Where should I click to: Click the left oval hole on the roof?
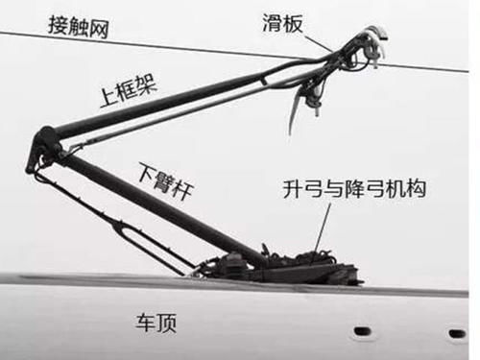pyautogui.click(x=362, y=330)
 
